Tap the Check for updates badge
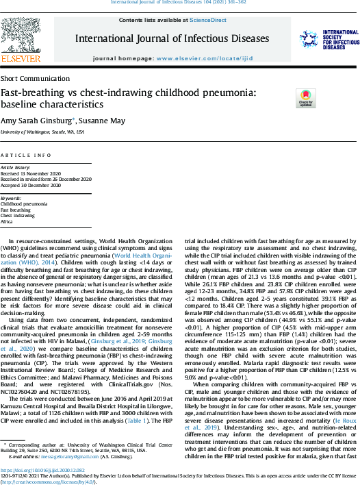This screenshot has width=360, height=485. (305, 98)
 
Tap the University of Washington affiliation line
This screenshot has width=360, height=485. (42, 131)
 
